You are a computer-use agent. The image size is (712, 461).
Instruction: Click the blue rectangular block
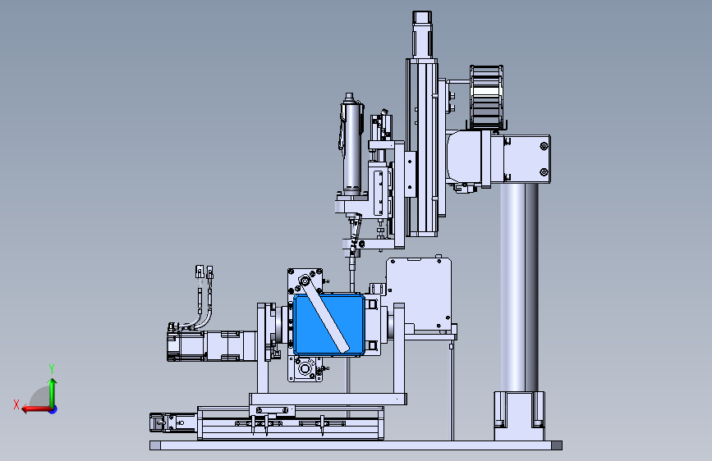(328, 325)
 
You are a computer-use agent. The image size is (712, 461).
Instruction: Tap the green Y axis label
(52, 369)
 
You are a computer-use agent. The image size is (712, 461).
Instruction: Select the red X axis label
(16, 404)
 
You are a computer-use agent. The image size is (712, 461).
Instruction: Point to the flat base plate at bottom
(356, 445)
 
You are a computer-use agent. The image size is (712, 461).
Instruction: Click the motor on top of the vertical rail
(422, 34)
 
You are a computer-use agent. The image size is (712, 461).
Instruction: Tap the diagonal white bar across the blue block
(324, 314)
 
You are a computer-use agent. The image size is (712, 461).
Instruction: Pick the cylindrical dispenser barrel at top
(351, 144)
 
